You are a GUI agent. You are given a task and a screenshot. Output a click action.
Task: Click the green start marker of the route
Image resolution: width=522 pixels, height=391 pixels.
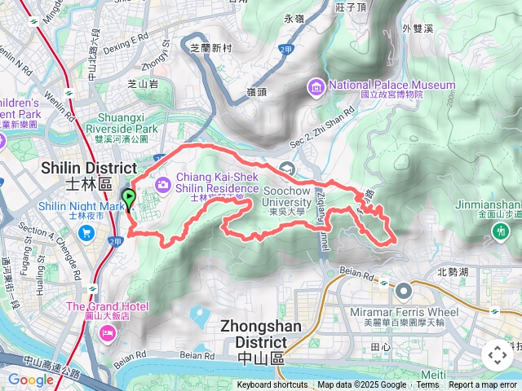pos(128,198)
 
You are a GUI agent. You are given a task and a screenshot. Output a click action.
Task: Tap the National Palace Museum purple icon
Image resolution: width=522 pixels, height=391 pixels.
pos(315,86)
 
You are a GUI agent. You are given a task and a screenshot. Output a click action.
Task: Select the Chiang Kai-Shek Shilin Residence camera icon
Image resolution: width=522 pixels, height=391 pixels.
pos(164,185)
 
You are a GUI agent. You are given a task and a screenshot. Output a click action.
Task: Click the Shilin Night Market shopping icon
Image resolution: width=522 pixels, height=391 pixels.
pos(86,234)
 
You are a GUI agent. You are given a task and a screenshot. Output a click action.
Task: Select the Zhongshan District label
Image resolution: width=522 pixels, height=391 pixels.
pos(264,334)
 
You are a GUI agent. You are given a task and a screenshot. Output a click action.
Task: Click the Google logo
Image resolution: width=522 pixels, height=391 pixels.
pos(31,380)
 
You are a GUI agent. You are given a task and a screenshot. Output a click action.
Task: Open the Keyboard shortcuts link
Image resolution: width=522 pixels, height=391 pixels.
pos(272,385)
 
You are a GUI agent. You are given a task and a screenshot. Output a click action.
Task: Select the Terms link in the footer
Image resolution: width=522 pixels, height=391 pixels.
pos(427,385)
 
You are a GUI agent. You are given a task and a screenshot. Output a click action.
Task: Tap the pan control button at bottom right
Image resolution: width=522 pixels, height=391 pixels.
pos(496,355)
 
